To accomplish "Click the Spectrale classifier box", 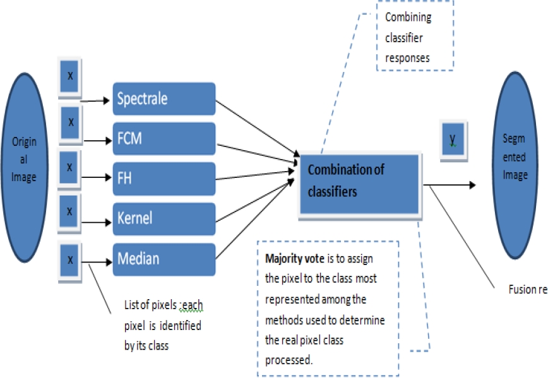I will pos(164,98).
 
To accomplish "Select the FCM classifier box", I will pos(164,139).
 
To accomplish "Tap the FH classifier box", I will pos(164,179).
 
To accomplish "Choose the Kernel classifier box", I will pos(164,219).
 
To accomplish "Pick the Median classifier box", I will pos(164,259).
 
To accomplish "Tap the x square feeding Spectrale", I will pos(70,76).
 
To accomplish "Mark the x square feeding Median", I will pos(70,259).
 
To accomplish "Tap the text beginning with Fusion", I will pos(527,290).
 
